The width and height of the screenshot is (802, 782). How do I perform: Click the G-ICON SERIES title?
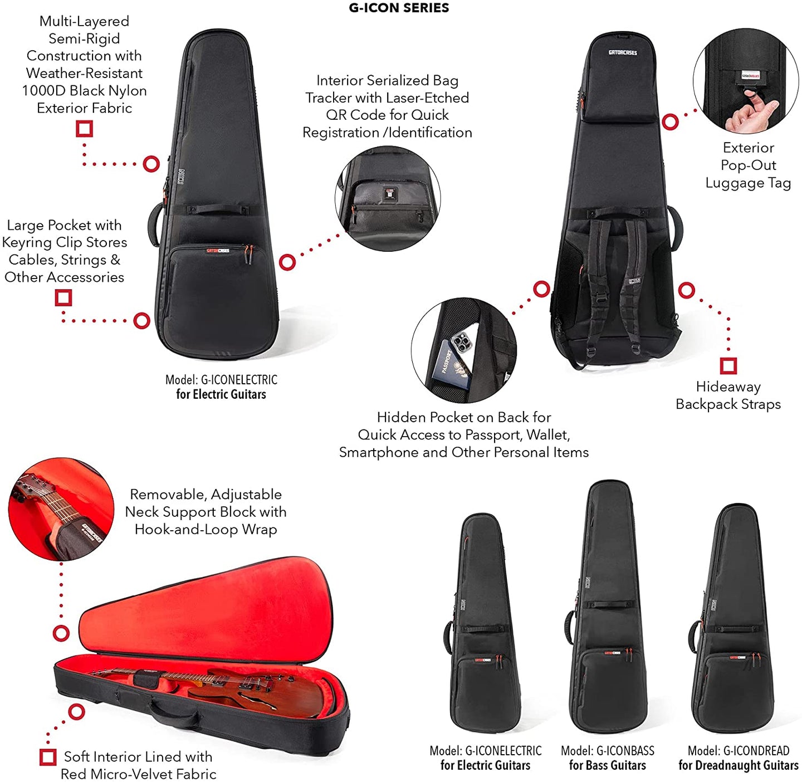pyautogui.click(x=399, y=8)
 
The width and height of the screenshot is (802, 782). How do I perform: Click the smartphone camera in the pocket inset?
pyautogui.click(x=461, y=342)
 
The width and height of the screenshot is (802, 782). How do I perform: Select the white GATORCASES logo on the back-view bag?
pyautogui.click(x=622, y=53)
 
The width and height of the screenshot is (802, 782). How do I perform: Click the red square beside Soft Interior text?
pyautogui.click(x=48, y=757)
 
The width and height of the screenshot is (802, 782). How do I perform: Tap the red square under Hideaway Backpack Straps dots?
pyautogui.click(x=728, y=365)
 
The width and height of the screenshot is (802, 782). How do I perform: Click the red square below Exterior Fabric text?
pyautogui.click(x=85, y=129)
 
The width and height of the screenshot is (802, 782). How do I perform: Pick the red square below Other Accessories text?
pyautogui.click(x=63, y=297)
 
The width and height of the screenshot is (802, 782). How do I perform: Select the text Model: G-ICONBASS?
pyautogui.click(x=608, y=751)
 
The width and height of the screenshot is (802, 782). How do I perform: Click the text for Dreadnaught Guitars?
pyautogui.click(x=739, y=765)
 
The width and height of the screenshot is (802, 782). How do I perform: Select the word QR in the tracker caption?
pyautogui.click(x=334, y=115)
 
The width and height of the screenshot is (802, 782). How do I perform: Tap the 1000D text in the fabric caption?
pyautogui.click(x=43, y=90)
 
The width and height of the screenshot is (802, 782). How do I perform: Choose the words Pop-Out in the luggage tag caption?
pyautogui.click(x=748, y=165)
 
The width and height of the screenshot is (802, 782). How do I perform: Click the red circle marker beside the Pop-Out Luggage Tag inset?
pyautogui.click(x=670, y=122)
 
